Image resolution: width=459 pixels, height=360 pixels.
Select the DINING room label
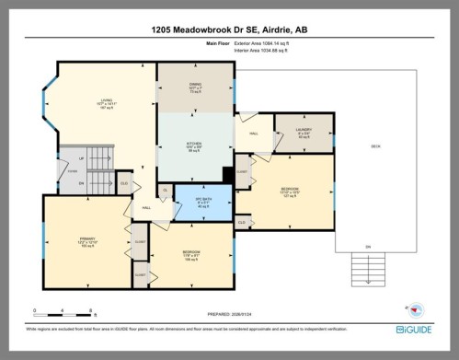(195, 88)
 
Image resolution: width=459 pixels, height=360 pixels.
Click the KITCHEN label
(195, 145)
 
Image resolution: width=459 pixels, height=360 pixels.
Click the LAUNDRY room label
(304, 132)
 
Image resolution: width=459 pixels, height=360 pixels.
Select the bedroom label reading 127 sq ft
(290, 192)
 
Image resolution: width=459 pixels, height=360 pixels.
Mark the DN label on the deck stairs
(369, 246)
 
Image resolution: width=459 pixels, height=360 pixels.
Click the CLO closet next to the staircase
(124, 183)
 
